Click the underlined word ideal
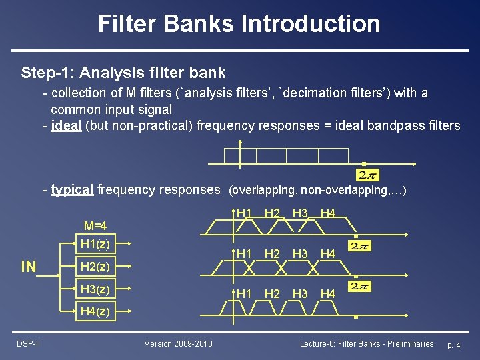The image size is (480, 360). tap(67, 126)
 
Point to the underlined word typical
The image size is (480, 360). tap(72, 189)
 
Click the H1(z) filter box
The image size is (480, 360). tap(94, 244)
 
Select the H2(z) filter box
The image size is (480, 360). tap(94, 267)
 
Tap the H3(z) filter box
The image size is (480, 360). tap(94, 289)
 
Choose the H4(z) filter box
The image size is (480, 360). tap(94, 311)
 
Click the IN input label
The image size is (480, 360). tap(29, 267)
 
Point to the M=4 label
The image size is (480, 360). tap(95, 225)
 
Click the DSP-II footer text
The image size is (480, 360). tap(29, 343)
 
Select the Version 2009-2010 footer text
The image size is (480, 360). tap(178, 343)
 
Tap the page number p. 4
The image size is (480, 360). tap(453, 345)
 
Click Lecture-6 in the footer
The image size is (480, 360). tap(318, 343)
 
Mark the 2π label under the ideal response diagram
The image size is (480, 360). tap(368, 175)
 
